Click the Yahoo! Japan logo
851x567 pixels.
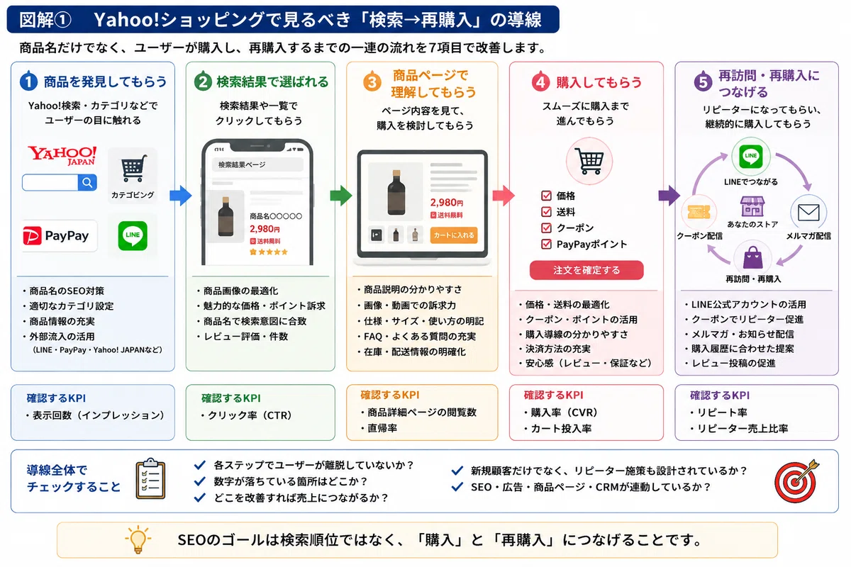click(x=62, y=155)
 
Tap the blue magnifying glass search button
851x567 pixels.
click(x=87, y=183)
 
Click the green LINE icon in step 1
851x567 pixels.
click(x=133, y=236)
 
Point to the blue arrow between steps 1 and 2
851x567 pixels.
click(x=180, y=196)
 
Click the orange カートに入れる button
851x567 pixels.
click(x=454, y=235)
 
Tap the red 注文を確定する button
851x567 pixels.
click(x=586, y=270)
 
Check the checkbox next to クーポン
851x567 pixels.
click(x=546, y=228)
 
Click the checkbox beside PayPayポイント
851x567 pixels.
click(x=546, y=244)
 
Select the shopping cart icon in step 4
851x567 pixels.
click(x=589, y=161)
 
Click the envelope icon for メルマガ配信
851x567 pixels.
click(x=808, y=213)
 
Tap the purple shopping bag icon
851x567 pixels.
click(x=752, y=257)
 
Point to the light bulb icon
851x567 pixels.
click(x=138, y=539)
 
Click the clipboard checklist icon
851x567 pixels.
click(x=150, y=478)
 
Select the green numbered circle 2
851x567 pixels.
click(x=203, y=81)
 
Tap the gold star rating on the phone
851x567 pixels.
click(x=269, y=252)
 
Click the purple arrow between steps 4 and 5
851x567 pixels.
click(x=669, y=196)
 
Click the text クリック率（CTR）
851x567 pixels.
click(x=250, y=415)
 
